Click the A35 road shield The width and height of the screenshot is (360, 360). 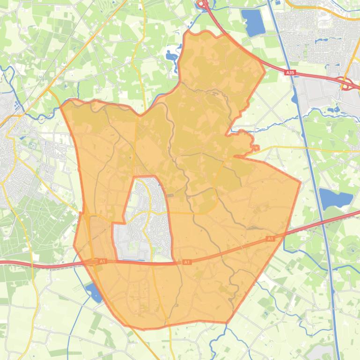291,72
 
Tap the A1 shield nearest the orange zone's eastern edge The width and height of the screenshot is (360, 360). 270,239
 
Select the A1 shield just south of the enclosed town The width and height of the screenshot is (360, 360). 187,262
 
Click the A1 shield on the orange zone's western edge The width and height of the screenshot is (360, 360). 103,261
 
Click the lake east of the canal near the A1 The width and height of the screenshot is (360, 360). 336,198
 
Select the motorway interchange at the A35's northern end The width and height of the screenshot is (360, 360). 203,5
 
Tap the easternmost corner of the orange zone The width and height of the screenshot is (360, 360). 300,181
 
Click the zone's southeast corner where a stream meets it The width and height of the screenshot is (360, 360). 228,322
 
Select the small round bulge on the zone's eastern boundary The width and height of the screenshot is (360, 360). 255,148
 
